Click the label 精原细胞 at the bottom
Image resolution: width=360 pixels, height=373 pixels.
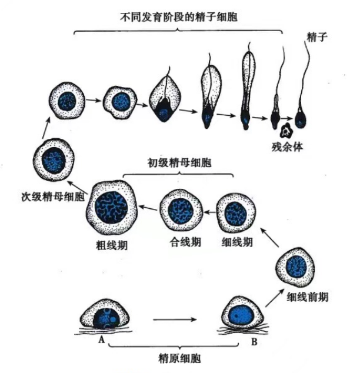tap(179, 359)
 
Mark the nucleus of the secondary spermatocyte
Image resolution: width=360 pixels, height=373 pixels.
tap(55, 158)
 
